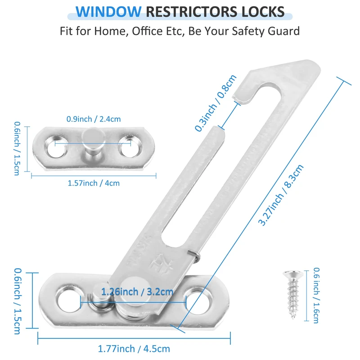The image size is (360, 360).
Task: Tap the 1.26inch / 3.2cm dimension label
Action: pyautogui.click(x=137, y=292)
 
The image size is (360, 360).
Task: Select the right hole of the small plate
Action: pyautogui.click(x=128, y=148)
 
